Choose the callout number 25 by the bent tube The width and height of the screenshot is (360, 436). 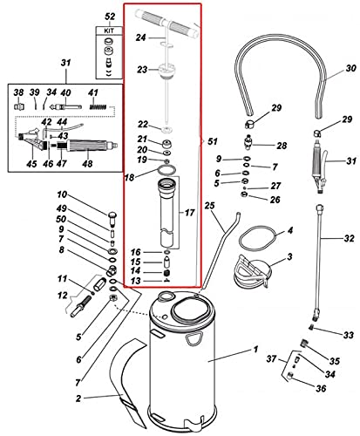pyautogui.click(x=209, y=205)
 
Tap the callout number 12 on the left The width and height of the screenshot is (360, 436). pyautogui.click(x=62, y=297)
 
